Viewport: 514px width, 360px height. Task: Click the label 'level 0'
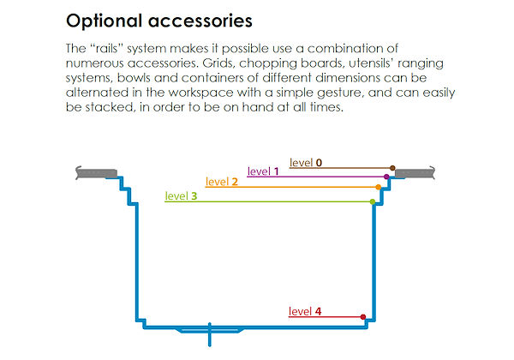(x=306, y=162)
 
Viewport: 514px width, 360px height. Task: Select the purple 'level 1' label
(x=264, y=171)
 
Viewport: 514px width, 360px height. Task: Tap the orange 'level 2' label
(x=222, y=182)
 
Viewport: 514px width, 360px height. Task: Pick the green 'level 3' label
(x=181, y=196)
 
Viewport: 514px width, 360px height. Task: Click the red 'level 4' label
(x=305, y=311)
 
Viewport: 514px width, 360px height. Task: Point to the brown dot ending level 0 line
(x=392, y=168)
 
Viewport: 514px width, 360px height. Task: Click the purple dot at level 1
(x=386, y=177)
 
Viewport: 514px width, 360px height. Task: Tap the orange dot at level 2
(x=379, y=187)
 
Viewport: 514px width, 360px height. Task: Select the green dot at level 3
(x=372, y=201)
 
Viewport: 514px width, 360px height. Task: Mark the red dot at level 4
(x=363, y=317)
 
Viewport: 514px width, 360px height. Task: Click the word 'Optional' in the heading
(x=105, y=18)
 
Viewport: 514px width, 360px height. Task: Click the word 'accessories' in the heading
(x=203, y=18)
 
